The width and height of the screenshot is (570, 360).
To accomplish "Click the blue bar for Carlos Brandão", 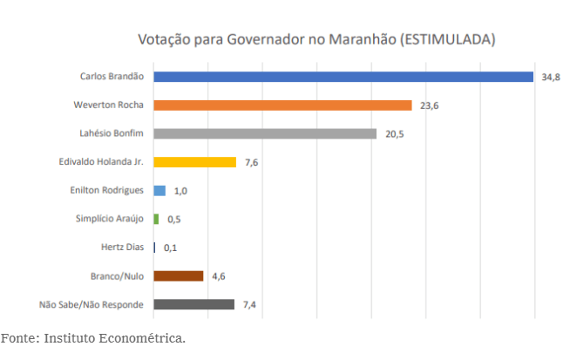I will click(x=343, y=77).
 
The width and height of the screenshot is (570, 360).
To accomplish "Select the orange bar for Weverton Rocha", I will click(x=282, y=105).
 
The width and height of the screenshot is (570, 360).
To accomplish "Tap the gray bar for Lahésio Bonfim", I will click(x=265, y=133).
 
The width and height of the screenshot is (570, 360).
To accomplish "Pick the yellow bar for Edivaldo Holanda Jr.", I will click(x=194, y=162).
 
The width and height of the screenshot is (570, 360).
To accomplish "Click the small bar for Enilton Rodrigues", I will click(x=159, y=190).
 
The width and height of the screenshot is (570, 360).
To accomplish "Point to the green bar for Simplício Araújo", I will click(x=156, y=219).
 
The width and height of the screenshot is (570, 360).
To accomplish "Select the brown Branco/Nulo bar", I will click(x=179, y=275).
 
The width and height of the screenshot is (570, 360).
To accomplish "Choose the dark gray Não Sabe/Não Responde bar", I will click(x=193, y=304).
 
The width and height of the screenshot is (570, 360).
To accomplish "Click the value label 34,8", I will click(x=550, y=78).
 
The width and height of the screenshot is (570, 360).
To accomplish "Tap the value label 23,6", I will click(x=428, y=106).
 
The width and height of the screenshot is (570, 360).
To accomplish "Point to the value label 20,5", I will click(x=393, y=134).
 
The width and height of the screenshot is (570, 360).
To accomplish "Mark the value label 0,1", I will click(x=171, y=248).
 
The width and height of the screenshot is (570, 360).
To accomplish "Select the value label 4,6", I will click(x=220, y=276).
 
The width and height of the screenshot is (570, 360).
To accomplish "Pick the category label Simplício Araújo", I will click(x=110, y=219).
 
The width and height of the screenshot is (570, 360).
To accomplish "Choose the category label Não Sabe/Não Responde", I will click(x=92, y=304).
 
